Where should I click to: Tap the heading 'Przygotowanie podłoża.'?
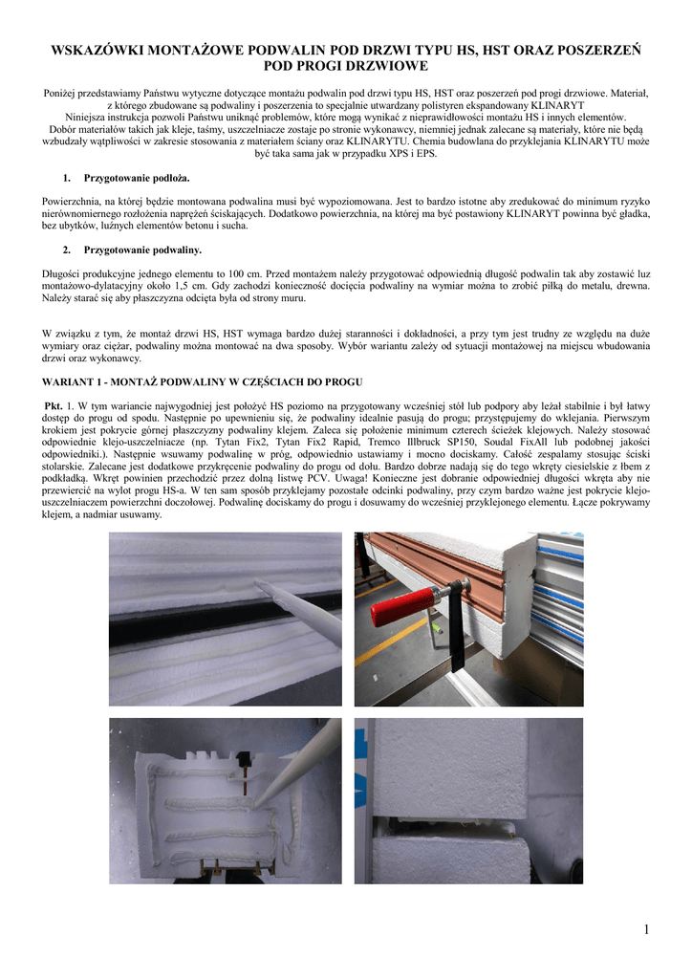coord(137,179)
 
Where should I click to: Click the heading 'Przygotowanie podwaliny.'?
coord(142,250)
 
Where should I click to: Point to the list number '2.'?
coord(67,250)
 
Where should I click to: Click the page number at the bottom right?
coord(646,930)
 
